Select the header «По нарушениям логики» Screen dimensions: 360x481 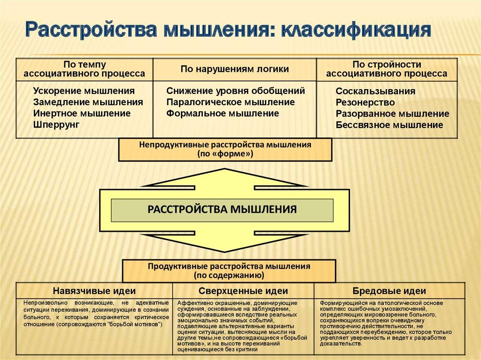point(235,69)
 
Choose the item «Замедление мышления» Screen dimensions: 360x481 point(88,102)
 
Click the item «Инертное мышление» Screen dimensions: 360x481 point(82,113)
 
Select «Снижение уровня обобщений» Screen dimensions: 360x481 point(236,91)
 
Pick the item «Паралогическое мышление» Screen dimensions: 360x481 point(231,102)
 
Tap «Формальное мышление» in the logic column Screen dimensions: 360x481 point(223,113)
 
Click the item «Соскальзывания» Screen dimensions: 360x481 point(375,91)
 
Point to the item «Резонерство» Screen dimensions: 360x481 point(365,102)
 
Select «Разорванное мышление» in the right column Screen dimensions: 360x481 point(392,114)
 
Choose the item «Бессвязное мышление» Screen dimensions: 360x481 point(389,125)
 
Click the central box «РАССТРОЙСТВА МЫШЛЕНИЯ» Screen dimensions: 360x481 point(222,209)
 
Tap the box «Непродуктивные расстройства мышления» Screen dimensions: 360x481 point(225,149)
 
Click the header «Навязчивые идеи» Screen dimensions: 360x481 point(94,291)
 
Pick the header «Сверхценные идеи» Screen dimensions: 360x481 point(243,291)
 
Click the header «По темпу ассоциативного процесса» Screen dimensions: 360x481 point(85,69)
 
